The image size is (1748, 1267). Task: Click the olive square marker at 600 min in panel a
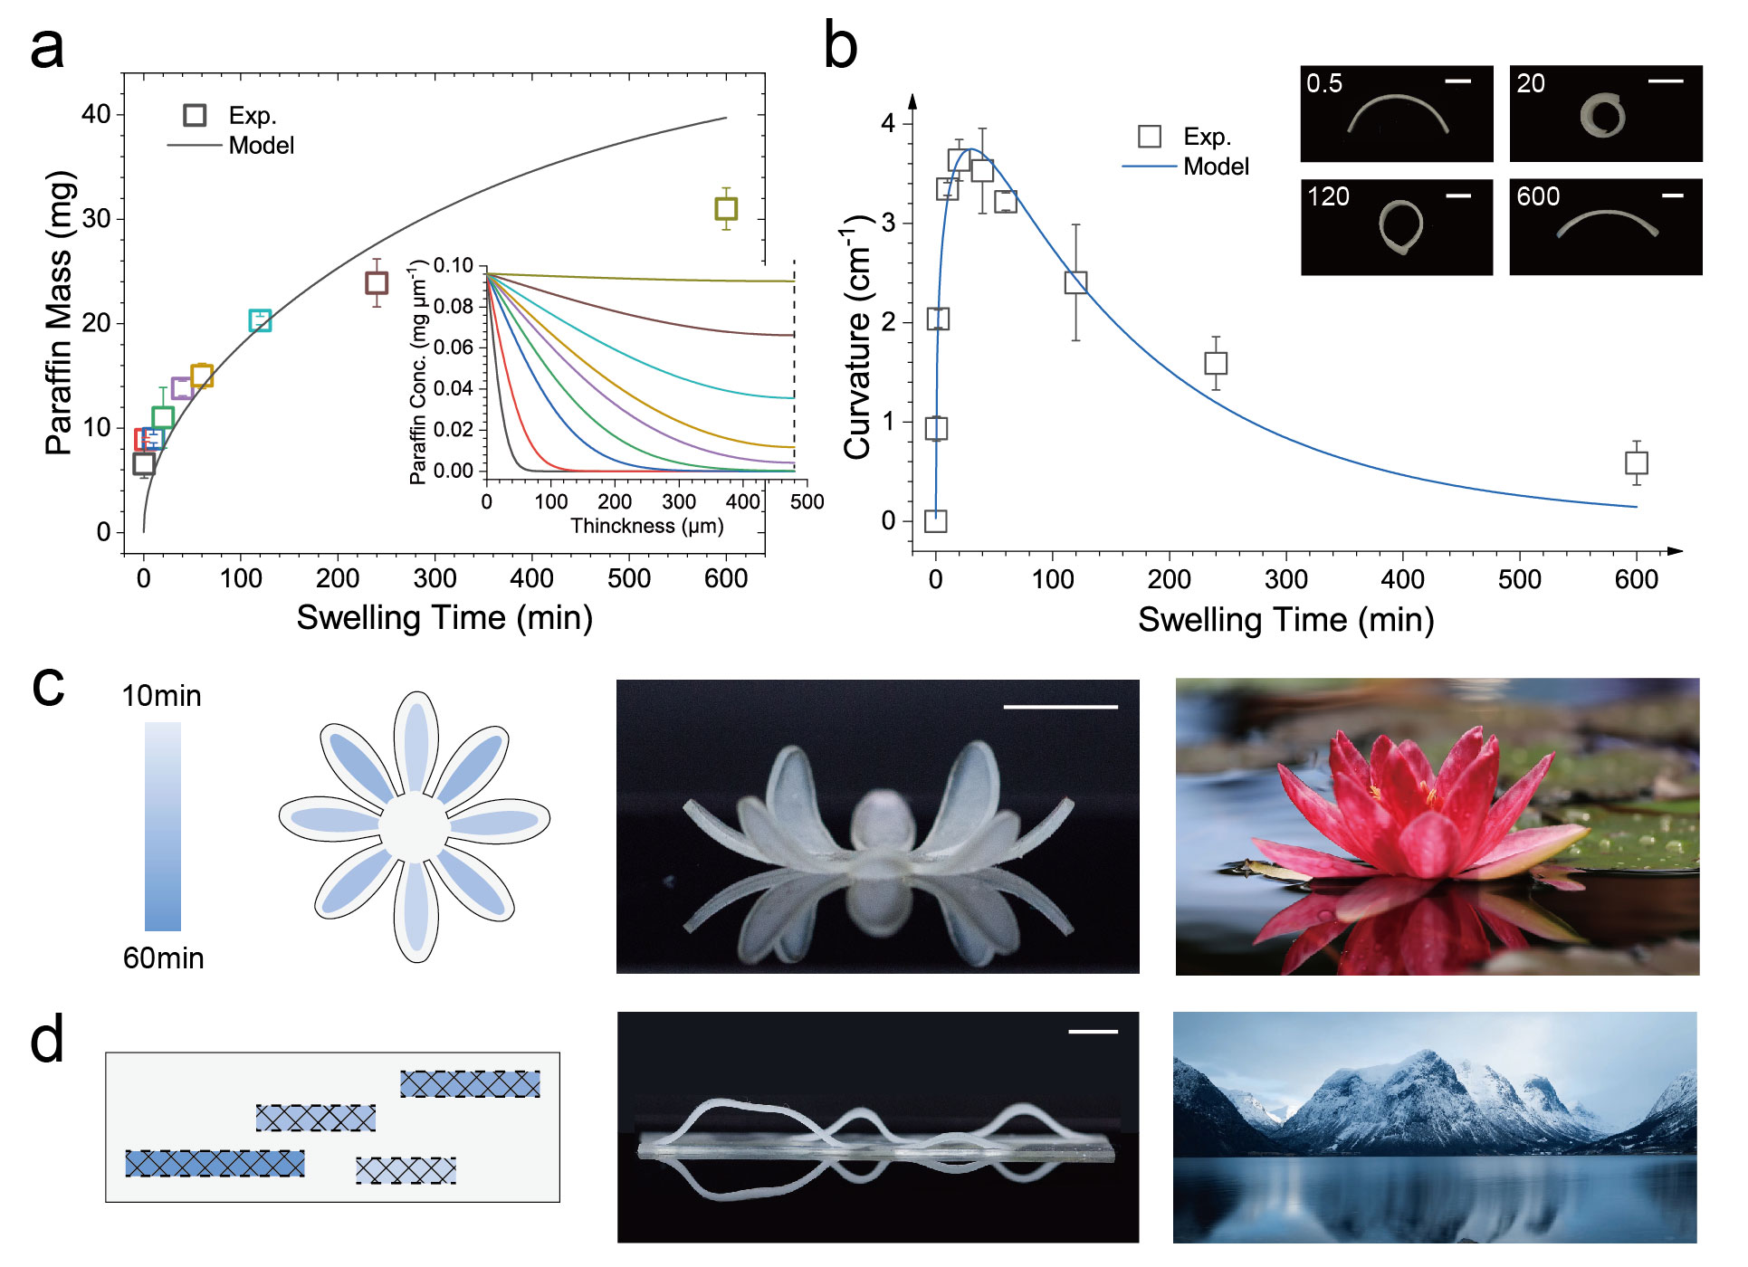726,209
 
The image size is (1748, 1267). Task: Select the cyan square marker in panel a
260,320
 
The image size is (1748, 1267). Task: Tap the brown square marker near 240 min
377,283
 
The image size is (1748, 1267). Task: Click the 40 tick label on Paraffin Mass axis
96,114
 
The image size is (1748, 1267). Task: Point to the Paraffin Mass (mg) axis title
60,312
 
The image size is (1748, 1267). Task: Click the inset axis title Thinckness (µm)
646,526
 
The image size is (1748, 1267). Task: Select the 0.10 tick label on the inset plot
453,266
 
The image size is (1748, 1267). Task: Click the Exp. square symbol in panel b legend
1150,137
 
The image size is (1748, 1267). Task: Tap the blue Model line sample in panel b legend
1149,167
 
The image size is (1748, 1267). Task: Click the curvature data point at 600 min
1636,463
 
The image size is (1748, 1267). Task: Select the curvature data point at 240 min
1216,363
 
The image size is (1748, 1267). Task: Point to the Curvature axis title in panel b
858,337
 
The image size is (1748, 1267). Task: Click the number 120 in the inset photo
1328,196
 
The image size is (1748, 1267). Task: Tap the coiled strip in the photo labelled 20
1602,116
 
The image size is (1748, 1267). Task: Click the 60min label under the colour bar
163,958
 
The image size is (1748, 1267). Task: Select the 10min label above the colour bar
161,696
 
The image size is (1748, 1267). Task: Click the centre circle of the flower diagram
415,827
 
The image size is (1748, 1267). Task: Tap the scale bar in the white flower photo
1060,707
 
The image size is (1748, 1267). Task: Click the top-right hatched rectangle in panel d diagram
470,1084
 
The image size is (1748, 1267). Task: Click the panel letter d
47,1039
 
